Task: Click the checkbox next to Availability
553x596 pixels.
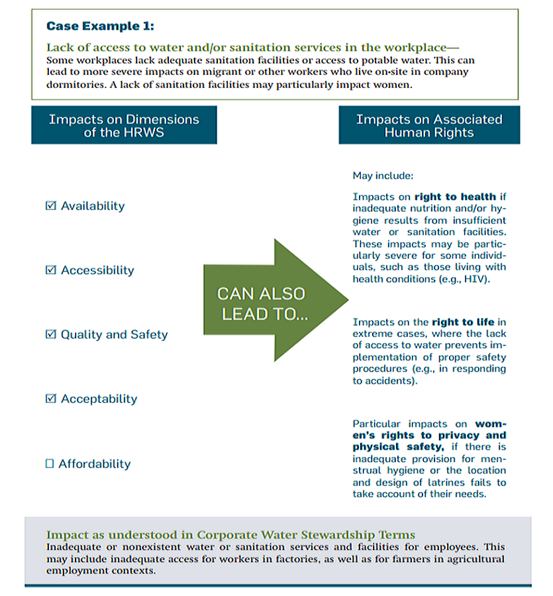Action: (x=51, y=206)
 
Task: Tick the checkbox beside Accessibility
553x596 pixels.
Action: (x=51, y=270)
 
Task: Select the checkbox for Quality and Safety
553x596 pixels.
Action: (x=51, y=334)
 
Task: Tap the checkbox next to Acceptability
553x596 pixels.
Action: (x=51, y=399)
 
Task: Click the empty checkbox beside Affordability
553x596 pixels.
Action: (x=49, y=464)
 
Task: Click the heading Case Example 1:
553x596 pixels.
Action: (x=99, y=26)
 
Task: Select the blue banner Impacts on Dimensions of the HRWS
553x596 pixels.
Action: (x=124, y=125)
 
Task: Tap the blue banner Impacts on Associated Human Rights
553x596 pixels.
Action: (x=429, y=125)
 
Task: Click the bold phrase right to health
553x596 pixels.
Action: (x=455, y=197)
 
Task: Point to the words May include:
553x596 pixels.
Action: (x=383, y=176)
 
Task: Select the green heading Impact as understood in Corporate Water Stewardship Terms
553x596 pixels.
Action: (x=230, y=535)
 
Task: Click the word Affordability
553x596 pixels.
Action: (x=95, y=464)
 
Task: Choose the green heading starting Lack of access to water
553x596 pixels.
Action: (x=252, y=48)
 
